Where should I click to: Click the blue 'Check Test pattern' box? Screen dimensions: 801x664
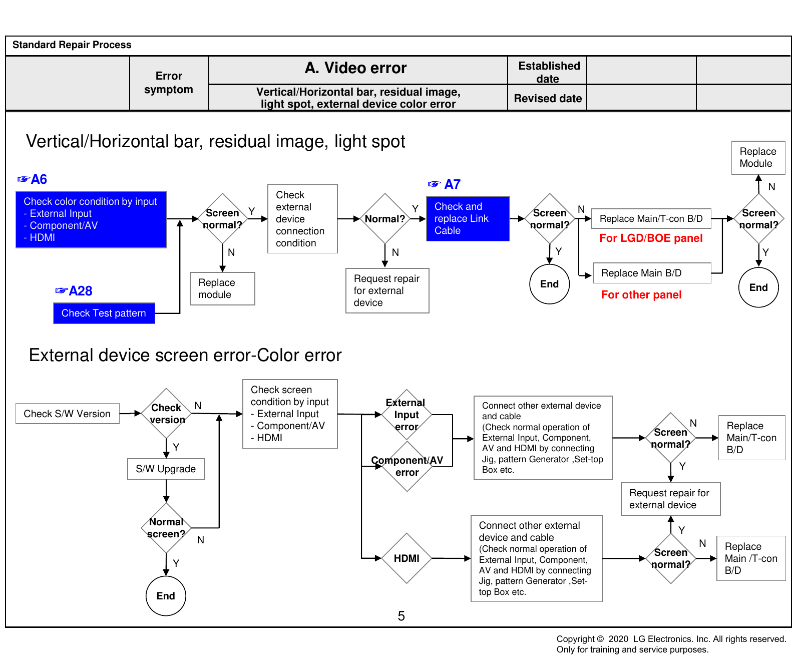click(104, 313)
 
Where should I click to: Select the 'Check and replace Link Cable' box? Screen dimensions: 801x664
click(468, 219)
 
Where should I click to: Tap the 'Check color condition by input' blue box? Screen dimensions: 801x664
click(91, 219)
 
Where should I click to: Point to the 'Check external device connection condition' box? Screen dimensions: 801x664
click(302, 219)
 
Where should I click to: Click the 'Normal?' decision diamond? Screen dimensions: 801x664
click(385, 219)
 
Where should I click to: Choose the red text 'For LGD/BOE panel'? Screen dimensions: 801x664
click(651, 238)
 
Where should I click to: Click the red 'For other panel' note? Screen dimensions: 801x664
click(641, 295)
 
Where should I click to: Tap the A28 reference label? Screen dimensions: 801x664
click(74, 291)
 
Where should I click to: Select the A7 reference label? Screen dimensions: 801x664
click(445, 184)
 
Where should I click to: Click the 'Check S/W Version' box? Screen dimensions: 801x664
click(68, 414)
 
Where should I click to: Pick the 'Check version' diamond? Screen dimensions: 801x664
click(166, 414)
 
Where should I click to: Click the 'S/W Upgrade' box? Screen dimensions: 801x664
click(166, 469)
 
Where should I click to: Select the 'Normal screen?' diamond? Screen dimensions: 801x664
click(166, 528)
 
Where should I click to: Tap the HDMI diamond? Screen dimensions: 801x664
click(407, 558)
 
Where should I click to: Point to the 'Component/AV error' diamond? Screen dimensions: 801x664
click(407, 466)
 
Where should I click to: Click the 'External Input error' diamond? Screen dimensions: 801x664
click(407, 415)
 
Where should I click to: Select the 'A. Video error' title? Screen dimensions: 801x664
click(356, 68)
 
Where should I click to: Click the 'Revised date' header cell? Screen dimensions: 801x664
click(548, 98)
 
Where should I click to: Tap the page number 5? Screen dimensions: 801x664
click(401, 616)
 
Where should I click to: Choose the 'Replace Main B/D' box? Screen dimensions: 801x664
click(652, 273)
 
